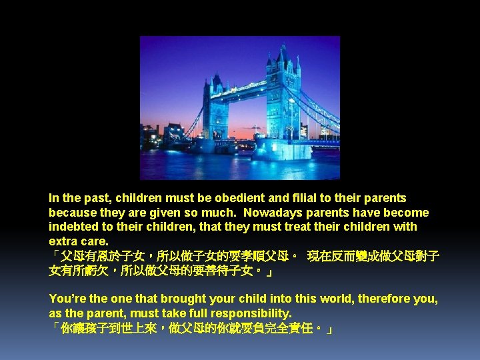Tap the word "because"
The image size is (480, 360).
[x=72, y=213]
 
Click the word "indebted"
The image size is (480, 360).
[x=72, y=227]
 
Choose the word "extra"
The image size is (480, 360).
[x=62, y=241]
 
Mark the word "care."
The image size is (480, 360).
[x=94, y=241]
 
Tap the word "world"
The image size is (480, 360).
[x=331, y=299]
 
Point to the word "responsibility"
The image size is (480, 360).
[x=250, y=313]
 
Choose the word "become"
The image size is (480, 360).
[x=405, y=213]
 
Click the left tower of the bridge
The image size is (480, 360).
[x=215, y=110]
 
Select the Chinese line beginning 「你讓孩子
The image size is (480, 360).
[x=191, y=329]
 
